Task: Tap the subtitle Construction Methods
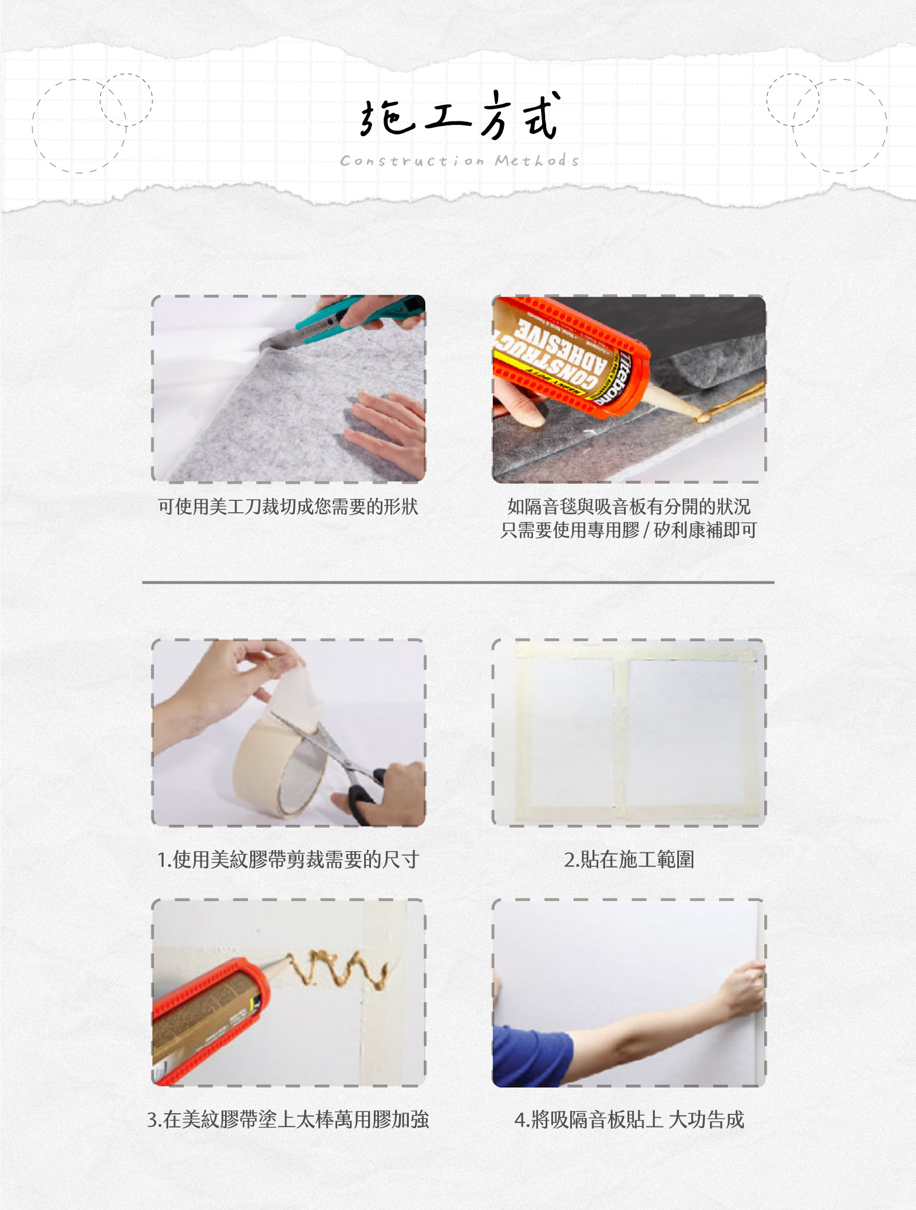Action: pyautogui.click(x=459, y=161)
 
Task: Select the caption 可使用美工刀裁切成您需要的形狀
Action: pyautogui.click(x=288, y=507)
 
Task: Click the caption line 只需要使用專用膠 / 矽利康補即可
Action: pyautogui.click(x=629, y=530)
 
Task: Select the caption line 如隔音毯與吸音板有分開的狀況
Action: pyautogui.click(x=629, y=507)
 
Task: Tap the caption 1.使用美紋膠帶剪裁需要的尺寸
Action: pyautogui.click(x=288, y=860)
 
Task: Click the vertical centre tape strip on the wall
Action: pyautogui.click(x=621, y=733)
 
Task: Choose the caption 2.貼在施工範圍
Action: pyautogui.click(x=629, y=860)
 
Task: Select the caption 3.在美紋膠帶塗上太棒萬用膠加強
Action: pyautogui.click(x=288, y=1120)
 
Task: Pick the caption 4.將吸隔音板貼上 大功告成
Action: pyautogui.click(x=629, y=1120)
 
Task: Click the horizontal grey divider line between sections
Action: pyautogui.click(x=458, y=582)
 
